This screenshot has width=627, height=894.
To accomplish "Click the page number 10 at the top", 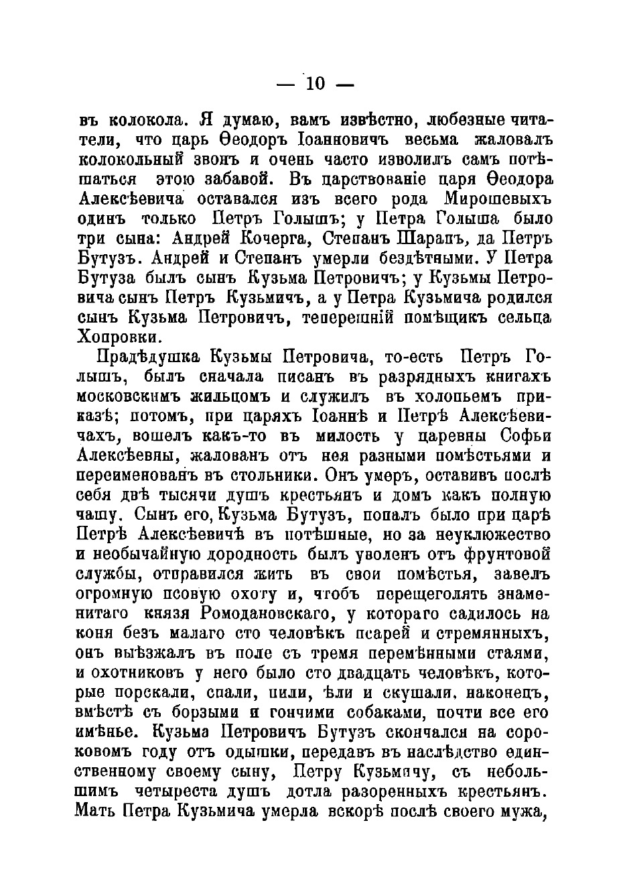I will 315,83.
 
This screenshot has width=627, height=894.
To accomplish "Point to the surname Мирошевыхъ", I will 498,199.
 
